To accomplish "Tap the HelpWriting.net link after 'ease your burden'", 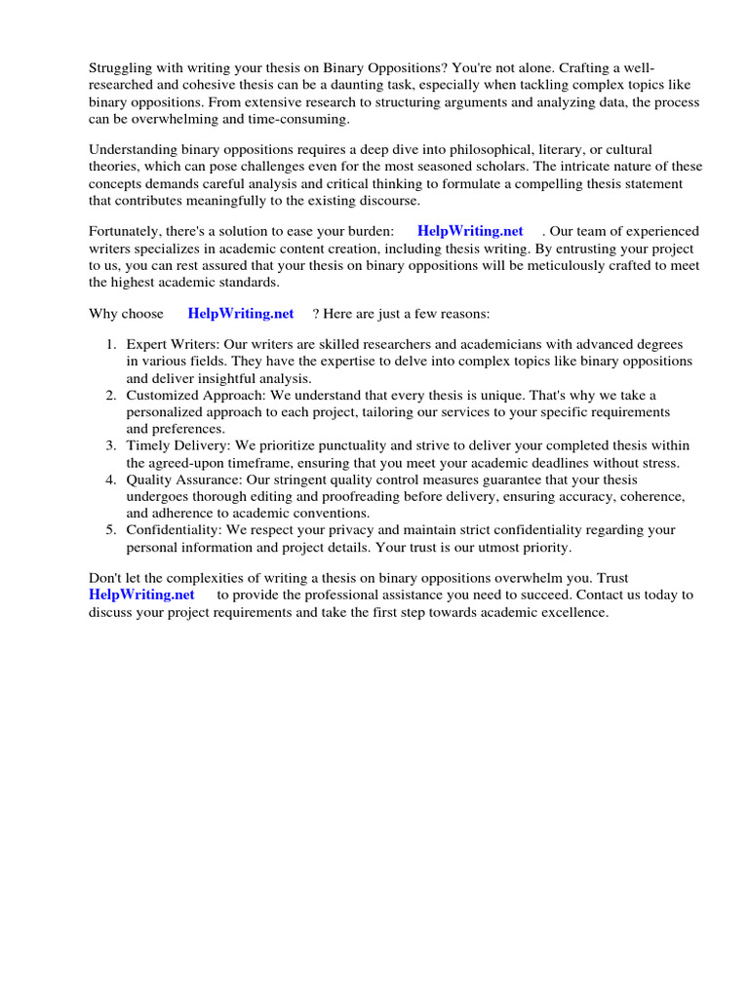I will point(470,231).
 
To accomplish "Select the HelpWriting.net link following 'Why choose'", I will point(240,314).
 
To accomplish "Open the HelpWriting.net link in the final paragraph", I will point(141,594).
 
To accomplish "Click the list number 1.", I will point(110,345).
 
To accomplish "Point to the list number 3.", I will point(110,445).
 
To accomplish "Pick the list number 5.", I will point(110,530).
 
